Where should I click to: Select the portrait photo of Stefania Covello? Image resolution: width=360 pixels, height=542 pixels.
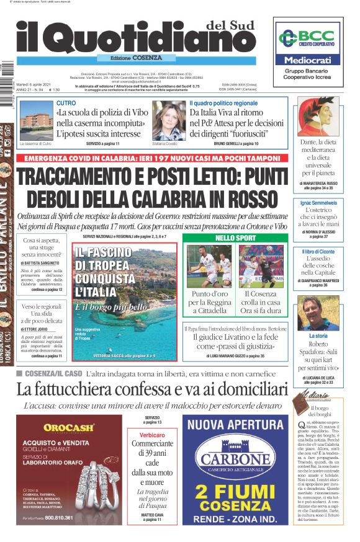(x=169, y=120)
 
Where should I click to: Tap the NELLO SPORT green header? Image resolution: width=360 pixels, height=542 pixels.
(x=235, y=238)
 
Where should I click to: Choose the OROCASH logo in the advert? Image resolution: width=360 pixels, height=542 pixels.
(x=68, y=427)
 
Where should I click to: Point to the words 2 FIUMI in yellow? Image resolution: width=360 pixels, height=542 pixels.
(x=235, y=492)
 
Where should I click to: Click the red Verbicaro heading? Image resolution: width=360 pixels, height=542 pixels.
(x=151, y=435)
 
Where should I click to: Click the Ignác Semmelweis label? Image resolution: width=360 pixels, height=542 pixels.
(x=318, y=203)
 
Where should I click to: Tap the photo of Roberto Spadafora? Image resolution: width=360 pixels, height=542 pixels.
(x=318, y=312)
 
